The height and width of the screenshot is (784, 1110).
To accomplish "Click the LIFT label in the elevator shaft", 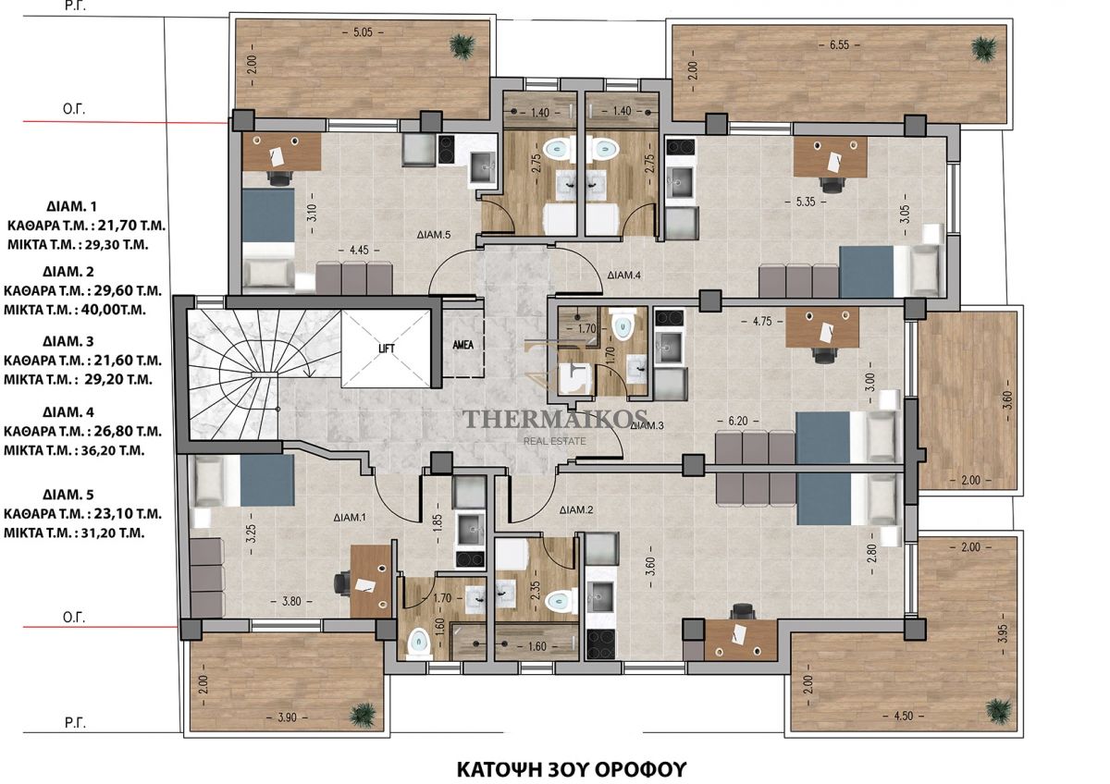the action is point(387,349).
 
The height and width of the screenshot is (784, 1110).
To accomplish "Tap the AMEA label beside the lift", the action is point(462,345).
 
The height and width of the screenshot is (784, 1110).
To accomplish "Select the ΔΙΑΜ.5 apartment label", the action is point(434,235).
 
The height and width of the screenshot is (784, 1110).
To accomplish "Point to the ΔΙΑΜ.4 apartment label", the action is point(623,275).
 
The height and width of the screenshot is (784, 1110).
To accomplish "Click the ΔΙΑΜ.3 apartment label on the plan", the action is point(647,425).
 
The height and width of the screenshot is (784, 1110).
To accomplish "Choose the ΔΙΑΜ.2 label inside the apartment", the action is point(575,509).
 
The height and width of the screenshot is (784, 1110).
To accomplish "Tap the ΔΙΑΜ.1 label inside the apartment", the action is point(350,518).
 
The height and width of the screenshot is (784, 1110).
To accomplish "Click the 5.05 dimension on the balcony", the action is point(364,32).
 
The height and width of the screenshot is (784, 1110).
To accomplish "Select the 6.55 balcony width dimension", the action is point(840,45).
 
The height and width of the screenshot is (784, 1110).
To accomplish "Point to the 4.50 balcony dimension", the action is point(904,717).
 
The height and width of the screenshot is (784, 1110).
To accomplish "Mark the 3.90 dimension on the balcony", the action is point(287,717).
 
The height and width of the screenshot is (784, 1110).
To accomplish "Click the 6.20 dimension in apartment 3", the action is point(738,421).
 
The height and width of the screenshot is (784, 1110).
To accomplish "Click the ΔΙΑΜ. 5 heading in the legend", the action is point(68,495).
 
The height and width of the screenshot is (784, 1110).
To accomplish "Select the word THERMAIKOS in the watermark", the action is point(555,420).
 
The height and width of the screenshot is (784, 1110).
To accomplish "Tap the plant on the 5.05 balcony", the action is point(462,46).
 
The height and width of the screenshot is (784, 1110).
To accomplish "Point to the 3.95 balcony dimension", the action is point(1004,633).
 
